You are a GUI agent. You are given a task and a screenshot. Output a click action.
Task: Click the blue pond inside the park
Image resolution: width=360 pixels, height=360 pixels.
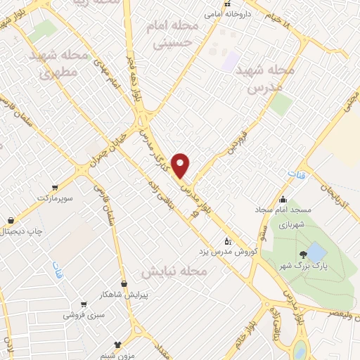(316, 251)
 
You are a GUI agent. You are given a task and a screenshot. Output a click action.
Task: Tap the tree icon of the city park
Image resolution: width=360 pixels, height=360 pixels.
(302, 254)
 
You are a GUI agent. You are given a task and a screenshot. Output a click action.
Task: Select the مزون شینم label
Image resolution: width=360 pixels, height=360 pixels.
(115, 355)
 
